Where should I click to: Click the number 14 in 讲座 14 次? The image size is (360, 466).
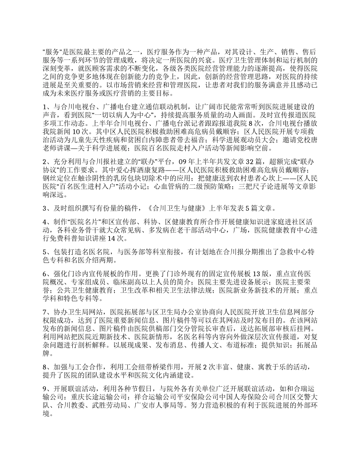[112, 238]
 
